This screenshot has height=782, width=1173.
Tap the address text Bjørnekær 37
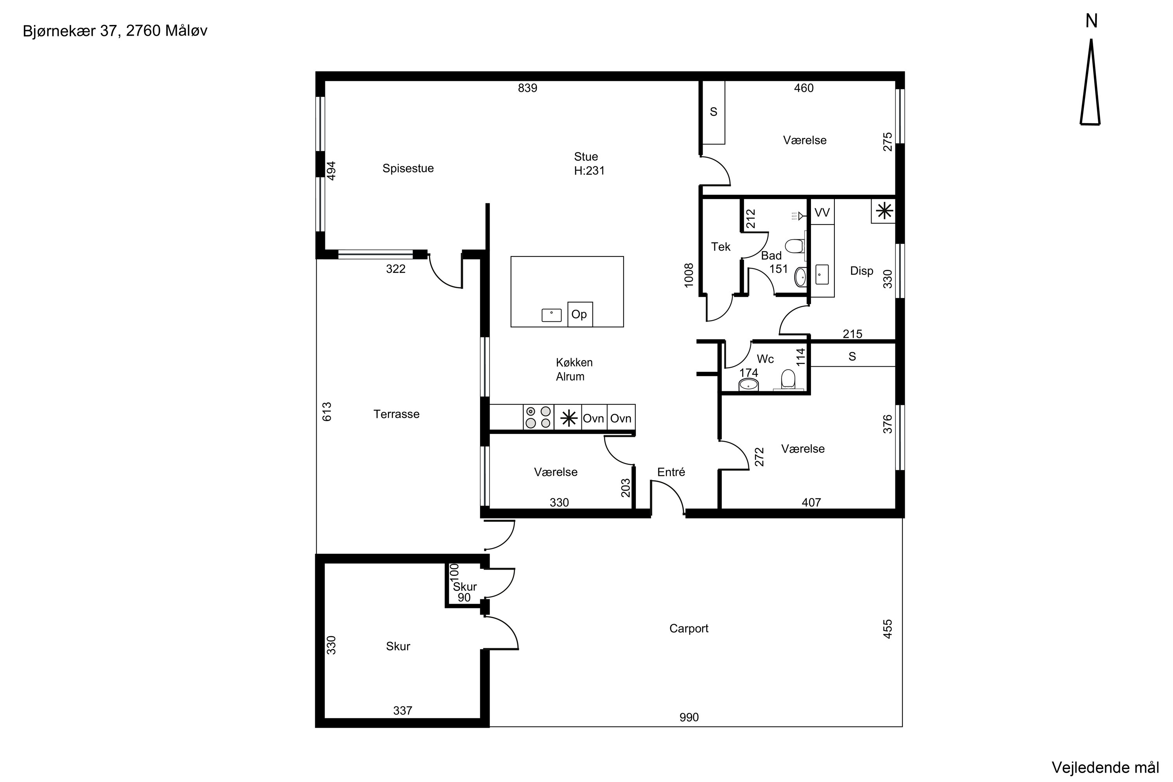[x=70, y=31]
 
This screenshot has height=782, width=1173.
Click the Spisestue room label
[x=408, y=169]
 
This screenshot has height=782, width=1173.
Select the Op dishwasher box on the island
[x=580, y=314]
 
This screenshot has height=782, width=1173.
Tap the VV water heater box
[x=822, y=212]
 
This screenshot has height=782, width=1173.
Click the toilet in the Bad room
[x=795, y=246]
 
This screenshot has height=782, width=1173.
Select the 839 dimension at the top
[x=527, y=88]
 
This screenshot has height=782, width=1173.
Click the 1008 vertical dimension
[x=689, y=275]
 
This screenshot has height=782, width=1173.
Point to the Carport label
[x=689, y=628]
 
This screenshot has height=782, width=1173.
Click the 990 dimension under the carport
[x=689, y=717]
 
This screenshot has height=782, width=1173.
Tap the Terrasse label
[x=396, y=414]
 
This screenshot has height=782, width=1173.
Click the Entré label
[x=671, y=472]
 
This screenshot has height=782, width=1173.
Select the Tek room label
[x=721, y=246]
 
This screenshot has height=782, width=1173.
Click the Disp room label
[x=862, y=271]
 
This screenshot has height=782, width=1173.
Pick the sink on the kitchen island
[x=552, y=315]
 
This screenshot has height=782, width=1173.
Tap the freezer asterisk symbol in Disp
[x=884, y=211]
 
